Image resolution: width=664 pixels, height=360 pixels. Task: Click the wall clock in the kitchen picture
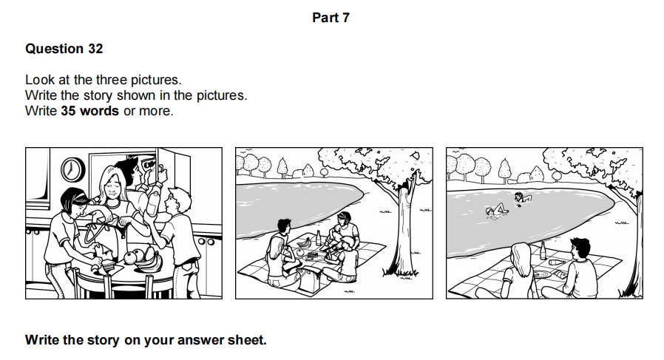73,170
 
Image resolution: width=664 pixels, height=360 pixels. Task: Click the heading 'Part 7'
331,18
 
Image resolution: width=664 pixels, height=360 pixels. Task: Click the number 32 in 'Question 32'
95,49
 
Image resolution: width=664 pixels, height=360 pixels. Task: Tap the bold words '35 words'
89,111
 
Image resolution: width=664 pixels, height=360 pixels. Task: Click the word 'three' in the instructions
112,80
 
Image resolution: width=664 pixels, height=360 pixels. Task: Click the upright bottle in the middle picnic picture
319,237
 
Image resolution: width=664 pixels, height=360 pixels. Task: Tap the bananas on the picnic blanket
303,242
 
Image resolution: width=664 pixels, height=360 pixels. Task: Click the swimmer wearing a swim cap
495,211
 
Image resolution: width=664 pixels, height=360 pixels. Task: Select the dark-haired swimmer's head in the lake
518,195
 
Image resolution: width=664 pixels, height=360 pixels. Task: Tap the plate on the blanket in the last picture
542,274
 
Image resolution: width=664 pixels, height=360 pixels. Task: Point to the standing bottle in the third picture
543,251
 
